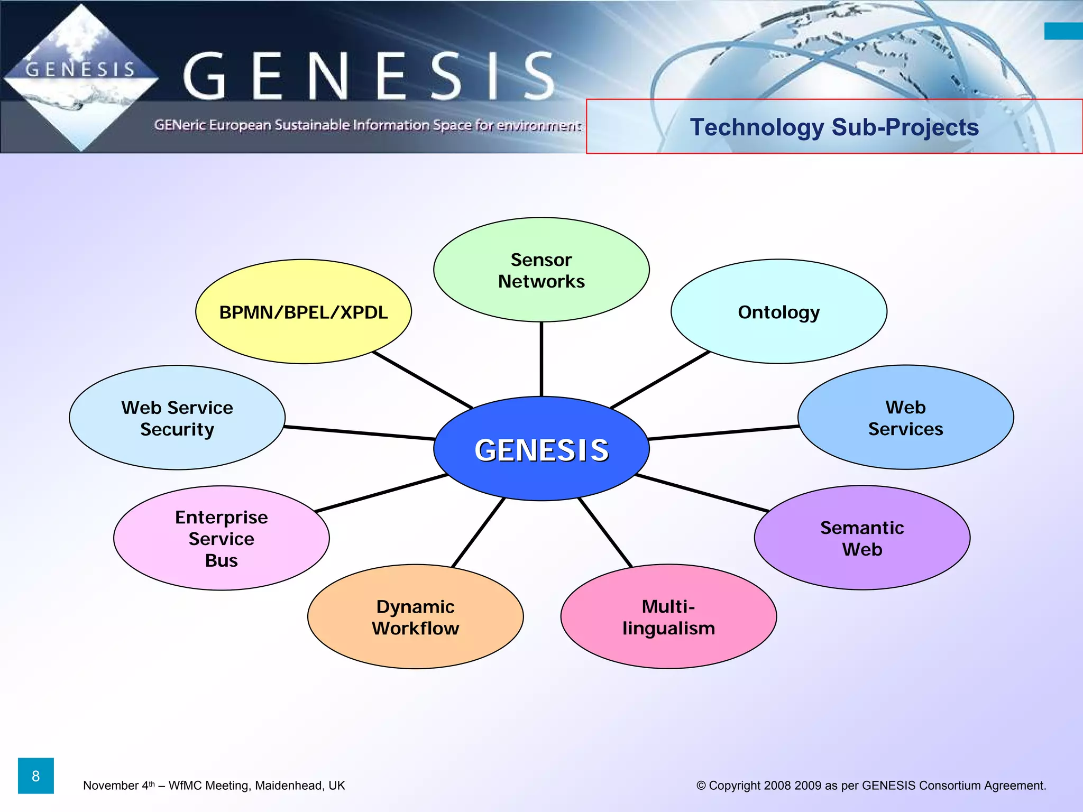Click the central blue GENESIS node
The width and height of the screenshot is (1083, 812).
pos(541,449)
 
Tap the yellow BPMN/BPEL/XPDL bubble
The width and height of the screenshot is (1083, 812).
pos(303,312)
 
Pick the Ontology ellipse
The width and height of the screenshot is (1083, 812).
pos(778,312)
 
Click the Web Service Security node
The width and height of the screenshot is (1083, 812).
pos(177,418)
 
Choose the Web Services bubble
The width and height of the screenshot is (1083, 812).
pos(905,418)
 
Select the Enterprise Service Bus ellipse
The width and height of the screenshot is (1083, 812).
pos(221,538)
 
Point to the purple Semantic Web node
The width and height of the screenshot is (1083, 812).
pos(862,538)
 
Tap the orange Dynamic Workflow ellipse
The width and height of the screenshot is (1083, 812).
pos(415,617)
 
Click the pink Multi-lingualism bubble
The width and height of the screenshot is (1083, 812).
pos(668,617)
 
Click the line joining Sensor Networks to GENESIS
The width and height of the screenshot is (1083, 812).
pos(541,359)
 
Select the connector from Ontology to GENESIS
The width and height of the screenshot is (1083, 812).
pos(660,380)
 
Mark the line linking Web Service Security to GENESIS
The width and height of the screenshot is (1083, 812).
pos(360,433)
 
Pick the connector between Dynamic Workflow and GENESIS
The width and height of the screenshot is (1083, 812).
pos(478,533)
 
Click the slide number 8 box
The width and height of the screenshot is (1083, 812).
pos(36,776)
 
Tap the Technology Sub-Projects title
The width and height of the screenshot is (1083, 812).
pos(834,127)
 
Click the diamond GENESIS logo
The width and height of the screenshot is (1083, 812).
pos(80,78)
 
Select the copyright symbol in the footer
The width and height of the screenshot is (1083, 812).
pos(701,786)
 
